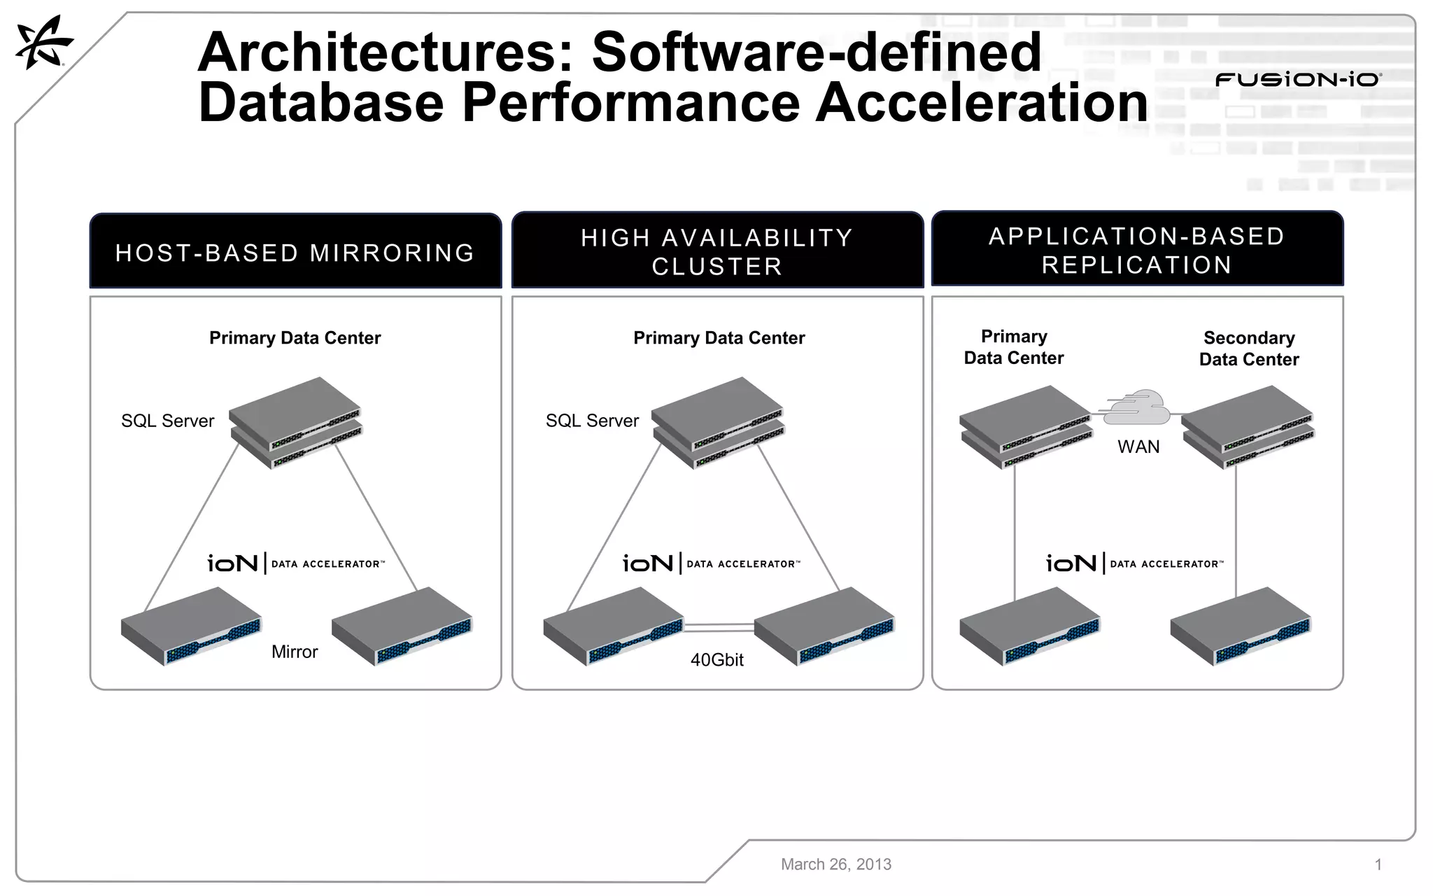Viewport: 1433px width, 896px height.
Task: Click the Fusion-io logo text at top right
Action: pos(1298,80)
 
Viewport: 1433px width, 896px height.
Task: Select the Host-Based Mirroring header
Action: pos(295,252)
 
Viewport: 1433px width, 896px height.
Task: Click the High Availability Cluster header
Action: pos(717,251)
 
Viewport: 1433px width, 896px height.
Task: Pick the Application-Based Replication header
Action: pos(1137,250)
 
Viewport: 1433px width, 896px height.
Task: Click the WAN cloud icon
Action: pos(1137,408)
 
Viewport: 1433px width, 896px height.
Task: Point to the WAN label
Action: pos(1138,447)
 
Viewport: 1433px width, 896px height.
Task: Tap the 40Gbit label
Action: pos(717,659)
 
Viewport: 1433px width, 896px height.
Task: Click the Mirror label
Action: pos(295,652)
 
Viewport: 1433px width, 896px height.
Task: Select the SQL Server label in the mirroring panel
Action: pos(168,421)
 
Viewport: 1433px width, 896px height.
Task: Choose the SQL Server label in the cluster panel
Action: pos(593,421)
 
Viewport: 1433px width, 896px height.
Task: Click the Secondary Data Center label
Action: pos(1249,349)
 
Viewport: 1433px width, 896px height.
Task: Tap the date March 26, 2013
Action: pos(836,864)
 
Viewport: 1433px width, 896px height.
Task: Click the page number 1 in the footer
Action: pos(1378,864)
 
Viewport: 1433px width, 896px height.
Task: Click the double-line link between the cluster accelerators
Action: pos(719,627)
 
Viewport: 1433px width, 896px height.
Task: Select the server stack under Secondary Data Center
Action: pos(1248,427)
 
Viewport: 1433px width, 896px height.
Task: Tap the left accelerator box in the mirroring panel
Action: pos(191,626)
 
